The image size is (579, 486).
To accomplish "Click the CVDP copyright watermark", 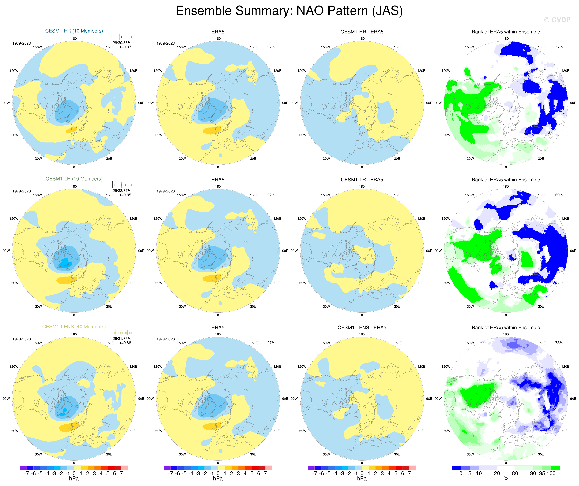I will (x=557, y=20).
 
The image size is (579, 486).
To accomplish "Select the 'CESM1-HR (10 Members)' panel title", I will (x=74, y=31).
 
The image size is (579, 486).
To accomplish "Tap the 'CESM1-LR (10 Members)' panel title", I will (x=74, y=179).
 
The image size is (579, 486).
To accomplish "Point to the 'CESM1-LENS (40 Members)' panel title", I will (x=74, y=327).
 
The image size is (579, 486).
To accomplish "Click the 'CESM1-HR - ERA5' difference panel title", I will (x=362, y=32).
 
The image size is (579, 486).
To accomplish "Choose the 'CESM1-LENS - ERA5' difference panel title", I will (x=362, y=327).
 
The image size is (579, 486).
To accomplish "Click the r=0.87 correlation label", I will (x=125, y=47).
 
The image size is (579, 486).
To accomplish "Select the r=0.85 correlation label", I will (x=125, y=195).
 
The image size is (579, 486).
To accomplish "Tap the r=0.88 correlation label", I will (x=125, y=343).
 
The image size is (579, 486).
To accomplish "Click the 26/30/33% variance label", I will (x=122, y=43).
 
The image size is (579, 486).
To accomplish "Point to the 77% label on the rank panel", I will (x=559, y=47).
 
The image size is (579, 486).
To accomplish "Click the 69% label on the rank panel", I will (x=559, y=195).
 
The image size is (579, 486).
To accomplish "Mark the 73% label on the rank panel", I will (x=559, y=343).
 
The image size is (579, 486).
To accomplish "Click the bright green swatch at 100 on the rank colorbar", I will (x=556, y=468).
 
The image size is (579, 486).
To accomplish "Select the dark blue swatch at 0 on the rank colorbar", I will (x=456, y=468).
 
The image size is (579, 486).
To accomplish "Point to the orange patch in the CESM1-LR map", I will (x=66, y=280).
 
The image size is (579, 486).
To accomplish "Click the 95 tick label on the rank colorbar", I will (x=542, y=474).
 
